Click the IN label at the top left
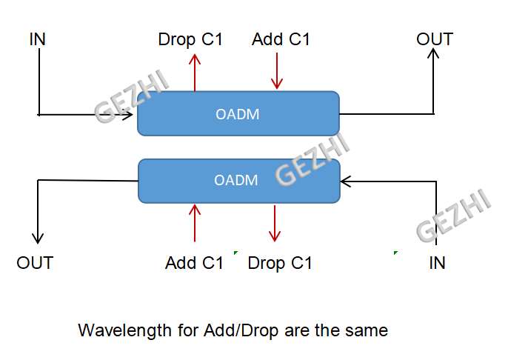(37, 39)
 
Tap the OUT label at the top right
(435, 39)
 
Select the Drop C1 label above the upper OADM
(190, 40)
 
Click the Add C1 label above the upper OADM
(281, 39)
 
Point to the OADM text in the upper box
(238, 114)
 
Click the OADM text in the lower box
(235, 180)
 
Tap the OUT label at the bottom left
(35, 263)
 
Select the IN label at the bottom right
(437, 263)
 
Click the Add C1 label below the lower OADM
(194, 263)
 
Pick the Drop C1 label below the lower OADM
(280, 264)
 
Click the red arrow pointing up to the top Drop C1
(195, 73)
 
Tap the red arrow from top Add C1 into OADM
(277, 71)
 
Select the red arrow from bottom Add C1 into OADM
(195, 223)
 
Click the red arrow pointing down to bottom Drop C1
(275, 223)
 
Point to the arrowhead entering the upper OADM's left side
(128, 115)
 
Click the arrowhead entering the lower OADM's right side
(345, 181)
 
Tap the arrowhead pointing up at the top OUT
(433, 53)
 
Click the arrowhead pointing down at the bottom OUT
(38, 239)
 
